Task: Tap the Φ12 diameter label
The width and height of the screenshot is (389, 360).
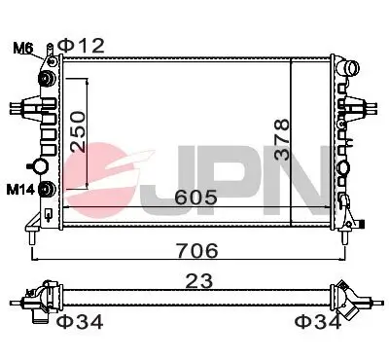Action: pyautogui.click(x=81, y=45)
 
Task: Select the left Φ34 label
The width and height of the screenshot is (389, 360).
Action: pyautogui.click(x=79, y=321)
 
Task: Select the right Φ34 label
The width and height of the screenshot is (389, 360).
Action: pyautogui.click(x=318, y=321)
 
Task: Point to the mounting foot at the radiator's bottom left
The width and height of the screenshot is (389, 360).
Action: pyautogui.click(x=35, y=233)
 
